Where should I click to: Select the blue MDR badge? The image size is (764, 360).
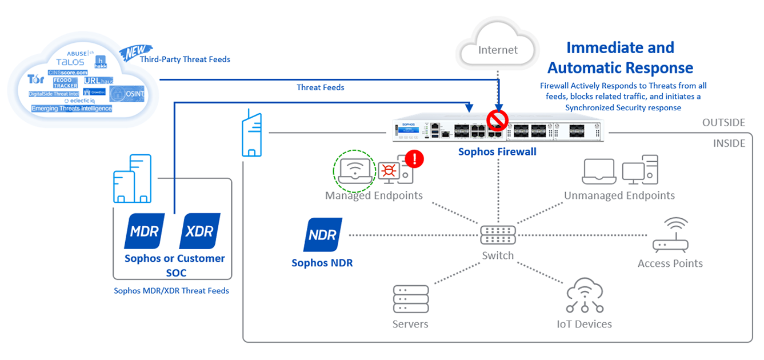point(145,231)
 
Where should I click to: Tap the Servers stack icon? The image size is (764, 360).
point(410,299)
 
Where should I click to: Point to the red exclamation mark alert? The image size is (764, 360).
point(414,159)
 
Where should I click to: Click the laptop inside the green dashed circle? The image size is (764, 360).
point(353,170)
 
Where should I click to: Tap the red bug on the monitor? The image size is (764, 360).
point(389,170)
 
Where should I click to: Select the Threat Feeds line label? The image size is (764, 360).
point(320,87)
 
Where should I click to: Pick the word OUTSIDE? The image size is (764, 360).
point(723,123)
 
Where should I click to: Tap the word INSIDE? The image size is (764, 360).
point(729,143)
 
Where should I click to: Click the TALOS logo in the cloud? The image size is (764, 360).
point(70,62)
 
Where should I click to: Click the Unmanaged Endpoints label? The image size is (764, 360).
point(619,195)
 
